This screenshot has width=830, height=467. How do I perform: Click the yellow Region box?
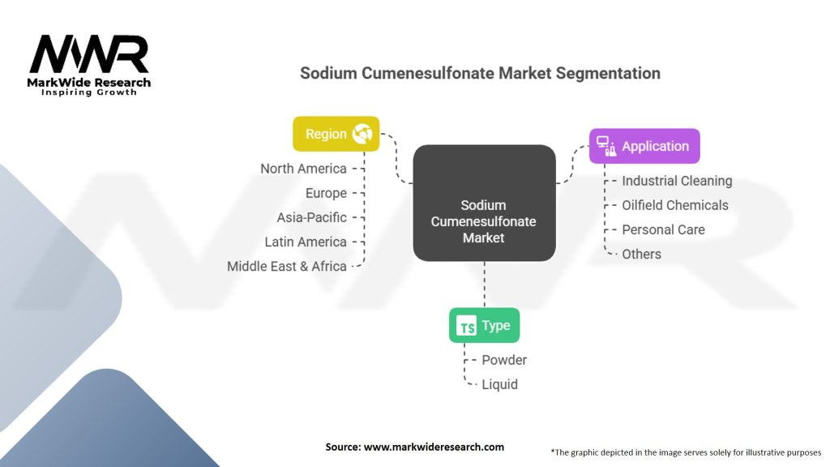click(x=336, y=134)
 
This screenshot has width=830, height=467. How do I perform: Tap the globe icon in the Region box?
click(x=362, y=134)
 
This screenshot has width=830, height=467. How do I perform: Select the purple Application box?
click(x=644, y=147)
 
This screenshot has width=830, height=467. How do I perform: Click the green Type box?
click(x=484, y=326)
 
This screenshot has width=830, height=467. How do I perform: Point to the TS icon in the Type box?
click(x=467, y=327)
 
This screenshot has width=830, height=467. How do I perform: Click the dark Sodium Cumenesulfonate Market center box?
click(x=484, y=204)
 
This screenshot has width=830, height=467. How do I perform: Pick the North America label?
click(x=303, y=169)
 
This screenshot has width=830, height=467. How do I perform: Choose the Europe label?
click(x=326, y=193)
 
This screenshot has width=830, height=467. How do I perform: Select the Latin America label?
click(x=306, y=242)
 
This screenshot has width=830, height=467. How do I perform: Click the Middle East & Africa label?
click(x=287, y=266)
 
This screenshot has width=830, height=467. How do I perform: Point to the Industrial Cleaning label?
click(x=677, y=181)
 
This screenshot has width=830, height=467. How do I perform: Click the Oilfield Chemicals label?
click(x=675, y=205)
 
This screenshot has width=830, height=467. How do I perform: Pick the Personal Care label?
click(x=663, y=229)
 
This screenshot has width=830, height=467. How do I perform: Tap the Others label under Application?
click(x=641, y=254)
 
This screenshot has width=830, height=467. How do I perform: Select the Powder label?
click(x=504, y=359)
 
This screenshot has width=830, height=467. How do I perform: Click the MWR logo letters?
click(x=89, y=54)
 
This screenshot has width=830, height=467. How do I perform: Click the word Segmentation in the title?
click(x=608, y=73)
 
